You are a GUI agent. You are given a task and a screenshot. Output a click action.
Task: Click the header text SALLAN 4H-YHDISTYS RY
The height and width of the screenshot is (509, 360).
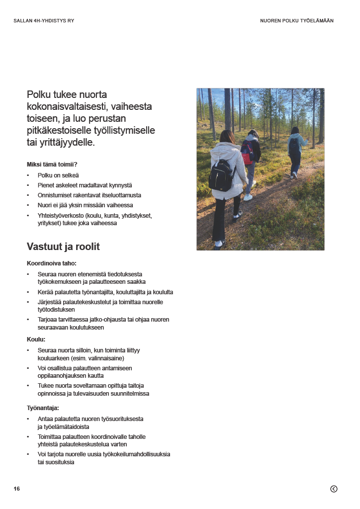[x=44, y=21]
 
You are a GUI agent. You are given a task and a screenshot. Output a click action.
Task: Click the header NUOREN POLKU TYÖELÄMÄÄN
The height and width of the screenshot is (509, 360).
[x=297, y=21]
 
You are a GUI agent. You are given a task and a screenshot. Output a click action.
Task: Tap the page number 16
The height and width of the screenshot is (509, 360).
[x=17, y=489]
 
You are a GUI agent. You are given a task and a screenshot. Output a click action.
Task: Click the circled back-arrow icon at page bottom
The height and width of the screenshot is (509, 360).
[x=334, y=489]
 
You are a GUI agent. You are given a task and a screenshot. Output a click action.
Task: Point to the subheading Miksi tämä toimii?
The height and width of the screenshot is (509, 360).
[x=52, y=165]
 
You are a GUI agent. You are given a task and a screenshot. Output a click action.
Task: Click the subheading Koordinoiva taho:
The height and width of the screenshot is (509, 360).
[x=52, y=263]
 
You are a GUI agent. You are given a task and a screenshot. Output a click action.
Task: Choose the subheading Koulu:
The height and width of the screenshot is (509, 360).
[x=36, y=339]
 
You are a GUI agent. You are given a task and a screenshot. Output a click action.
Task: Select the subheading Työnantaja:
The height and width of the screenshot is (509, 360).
[x=43, y=408]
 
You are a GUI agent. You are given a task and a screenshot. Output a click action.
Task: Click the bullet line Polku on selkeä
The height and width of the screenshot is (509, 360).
[x=58, y=175]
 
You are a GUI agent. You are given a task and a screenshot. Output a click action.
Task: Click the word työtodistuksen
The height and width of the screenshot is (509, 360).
[x=56, y=310]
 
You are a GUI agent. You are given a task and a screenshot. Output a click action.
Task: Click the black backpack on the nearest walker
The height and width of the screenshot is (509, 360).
[x=221, y=175]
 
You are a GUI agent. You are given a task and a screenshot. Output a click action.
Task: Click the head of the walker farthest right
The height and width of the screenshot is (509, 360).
[x=295, y=130]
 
